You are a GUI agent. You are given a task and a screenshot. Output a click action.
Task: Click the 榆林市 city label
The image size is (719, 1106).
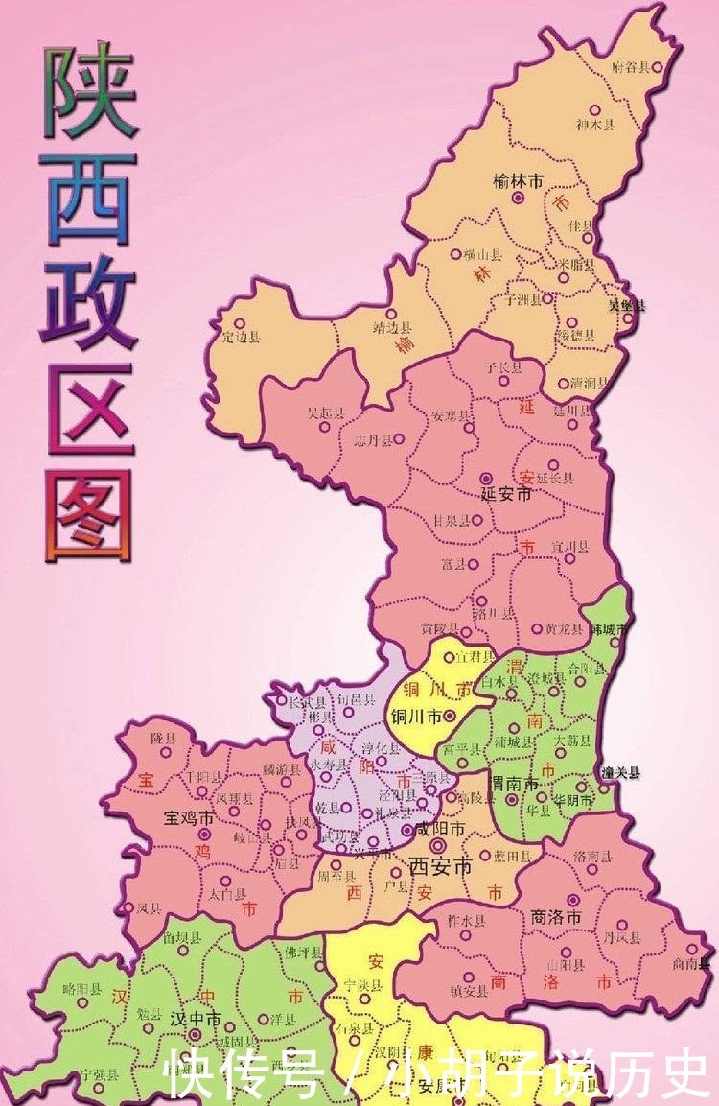[518, 180]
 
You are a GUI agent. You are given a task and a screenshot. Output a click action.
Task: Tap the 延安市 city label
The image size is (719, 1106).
[505, 495]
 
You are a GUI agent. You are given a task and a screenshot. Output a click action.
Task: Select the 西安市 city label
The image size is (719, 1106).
[441, 866]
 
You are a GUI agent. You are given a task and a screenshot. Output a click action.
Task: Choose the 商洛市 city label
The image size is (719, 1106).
[556, 917]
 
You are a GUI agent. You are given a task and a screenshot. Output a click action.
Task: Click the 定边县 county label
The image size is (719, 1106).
[241, 338]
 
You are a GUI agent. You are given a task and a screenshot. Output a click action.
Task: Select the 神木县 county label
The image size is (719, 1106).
[595, 125]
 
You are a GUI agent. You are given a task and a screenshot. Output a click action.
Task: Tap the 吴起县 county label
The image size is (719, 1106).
[325, 414]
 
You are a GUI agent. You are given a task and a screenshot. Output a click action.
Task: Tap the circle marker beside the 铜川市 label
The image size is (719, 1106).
[449, 716]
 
